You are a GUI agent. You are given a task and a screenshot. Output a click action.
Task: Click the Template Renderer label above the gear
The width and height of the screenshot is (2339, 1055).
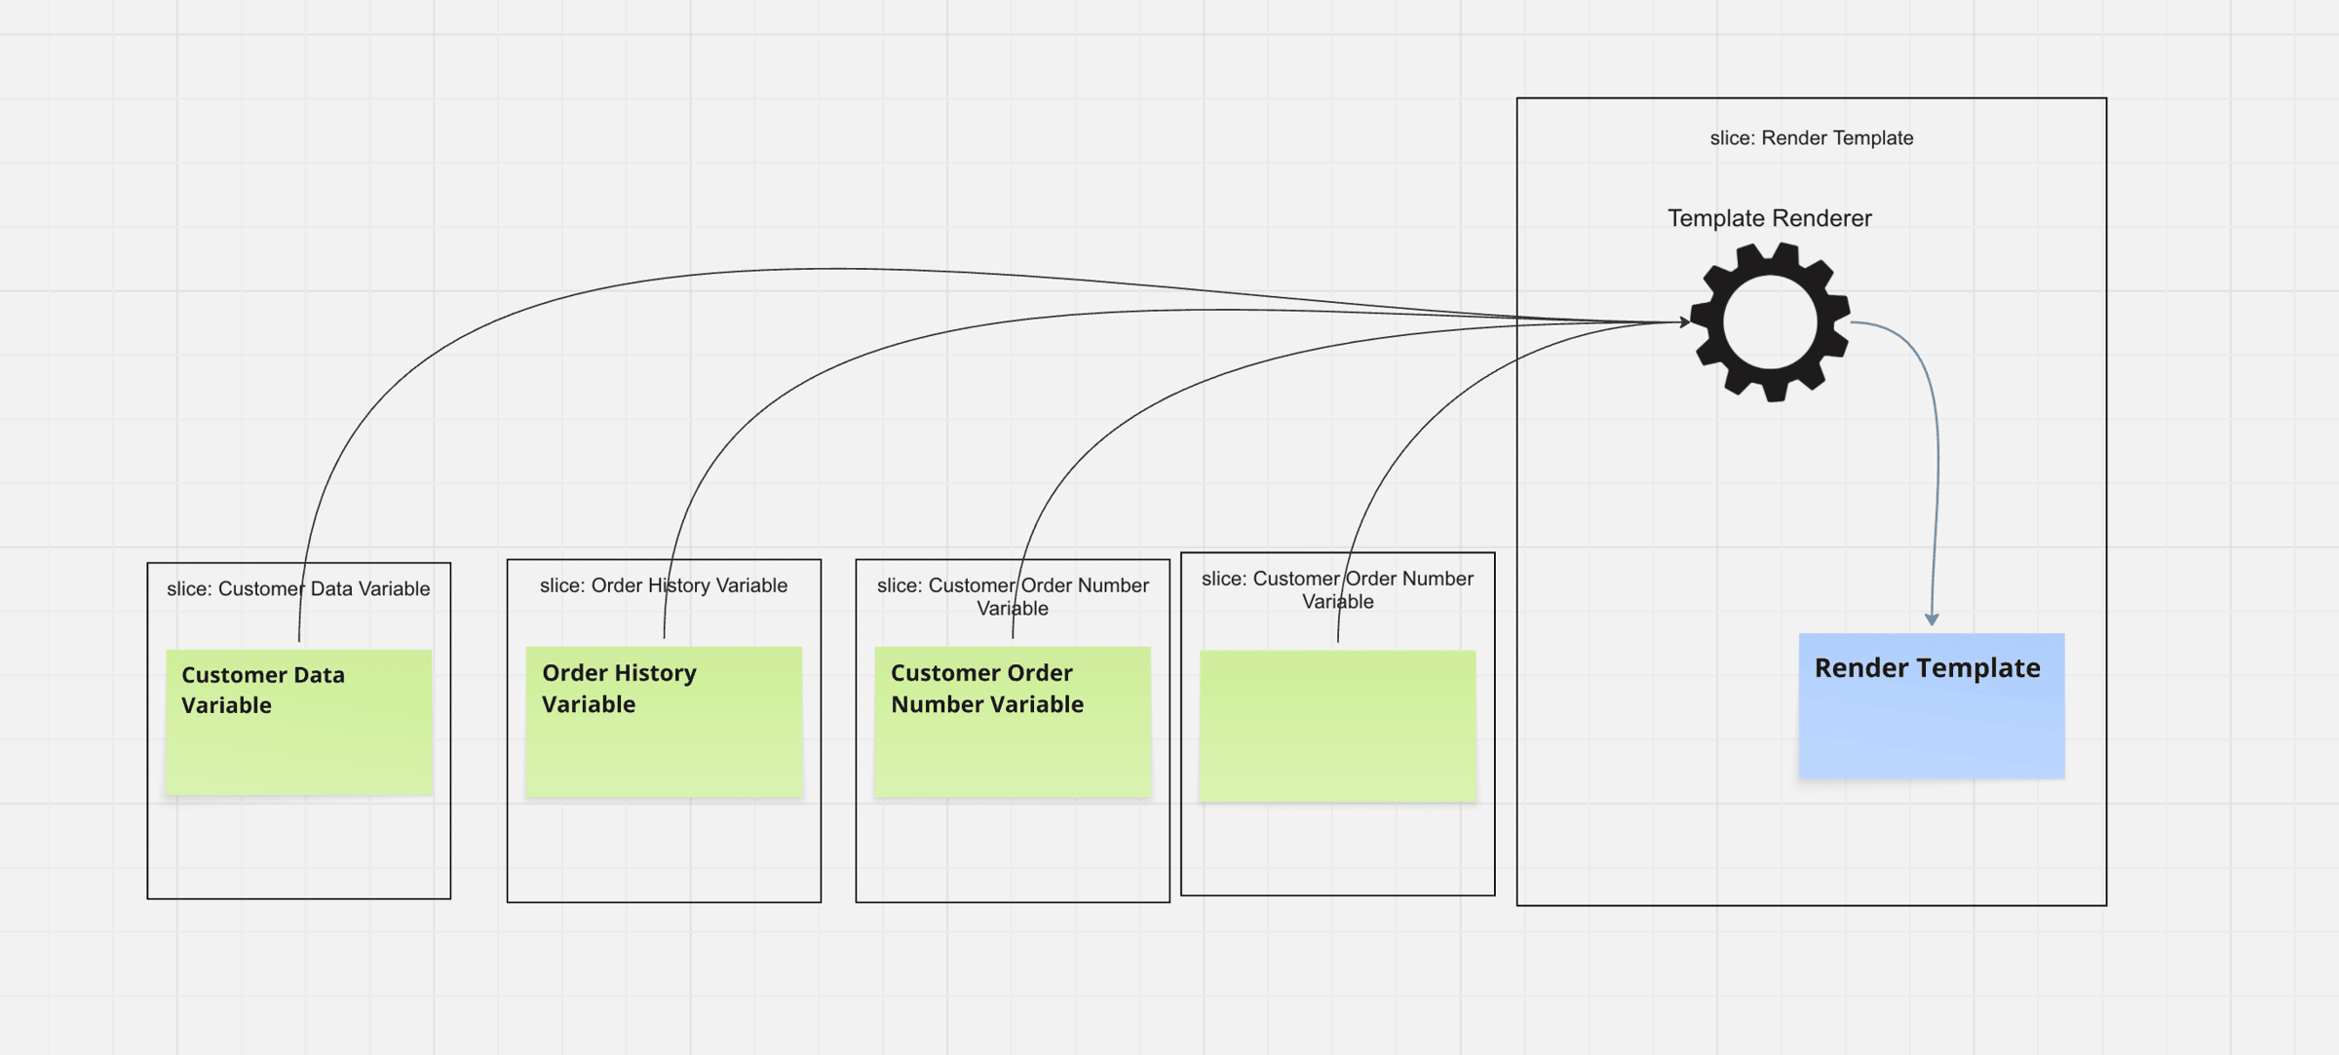click(1769, 218)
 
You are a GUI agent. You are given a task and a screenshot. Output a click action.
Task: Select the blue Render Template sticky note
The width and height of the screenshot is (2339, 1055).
click(1931, 721)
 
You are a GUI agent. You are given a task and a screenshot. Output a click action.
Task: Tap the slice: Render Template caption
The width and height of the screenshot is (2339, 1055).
click(1811, 138)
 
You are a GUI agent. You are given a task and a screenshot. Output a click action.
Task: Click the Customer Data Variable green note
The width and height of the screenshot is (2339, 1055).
click(298, 740)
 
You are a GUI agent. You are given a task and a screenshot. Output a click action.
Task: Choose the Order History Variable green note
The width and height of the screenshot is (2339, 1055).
click(663, 745)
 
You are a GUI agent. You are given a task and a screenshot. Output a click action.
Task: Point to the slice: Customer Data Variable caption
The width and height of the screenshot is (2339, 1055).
click(298, 588)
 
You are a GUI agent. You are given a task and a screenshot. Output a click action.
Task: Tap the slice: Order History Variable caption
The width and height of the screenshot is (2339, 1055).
click(663, 585)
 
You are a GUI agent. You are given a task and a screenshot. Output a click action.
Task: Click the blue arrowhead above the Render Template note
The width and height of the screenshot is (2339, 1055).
click(1932, 619)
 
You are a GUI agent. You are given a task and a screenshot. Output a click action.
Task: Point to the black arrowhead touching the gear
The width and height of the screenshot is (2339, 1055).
click(1684, 321)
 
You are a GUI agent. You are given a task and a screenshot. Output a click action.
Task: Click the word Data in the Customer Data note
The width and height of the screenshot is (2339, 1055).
click(319, 675)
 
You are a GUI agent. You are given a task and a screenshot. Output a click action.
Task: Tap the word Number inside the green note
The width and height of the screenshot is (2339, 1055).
click(932, 704)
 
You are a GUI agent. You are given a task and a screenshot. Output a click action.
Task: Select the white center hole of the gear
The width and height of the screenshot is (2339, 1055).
click(1770, 322)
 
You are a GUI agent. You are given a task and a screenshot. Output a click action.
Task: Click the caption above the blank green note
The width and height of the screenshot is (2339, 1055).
click(1337, 589)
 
